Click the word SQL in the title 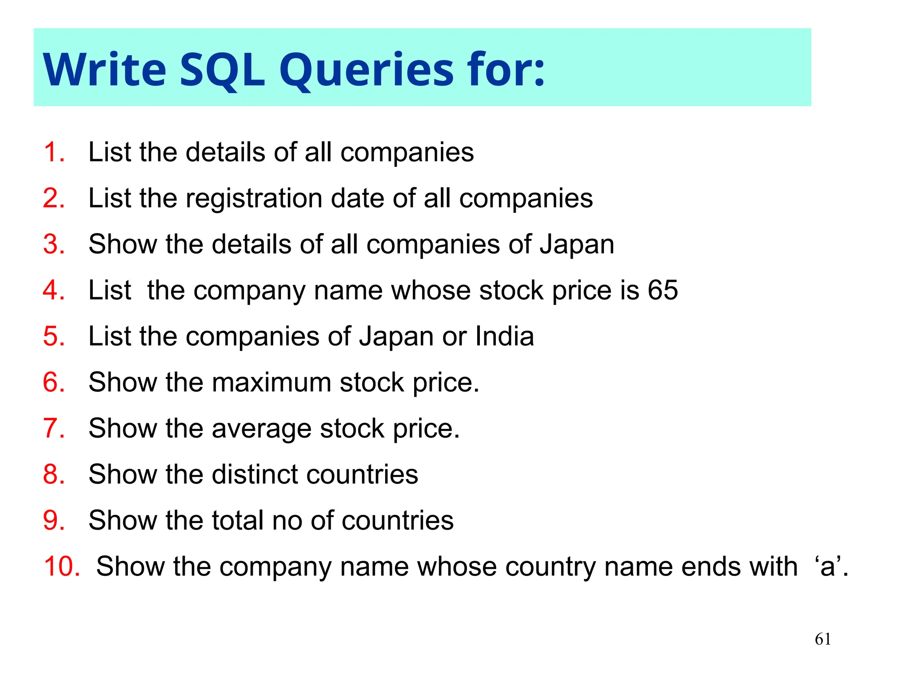point(222,70)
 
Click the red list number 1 point(53,152)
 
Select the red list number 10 point(61,566)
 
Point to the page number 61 point(823,639)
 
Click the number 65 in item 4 point(663,290)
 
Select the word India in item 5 point(504,336)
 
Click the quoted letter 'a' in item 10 point(828,566)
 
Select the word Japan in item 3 point(577,245)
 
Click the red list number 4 point(53,290)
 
